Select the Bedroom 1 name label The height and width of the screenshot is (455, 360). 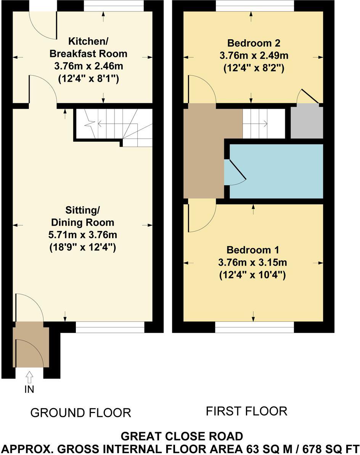point(253,250)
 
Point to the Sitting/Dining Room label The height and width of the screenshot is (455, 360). point(82,216)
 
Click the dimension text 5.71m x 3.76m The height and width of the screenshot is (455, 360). point(82,235)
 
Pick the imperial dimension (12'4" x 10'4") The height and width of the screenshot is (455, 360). point(253,275)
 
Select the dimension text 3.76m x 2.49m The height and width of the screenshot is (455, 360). point(254,55)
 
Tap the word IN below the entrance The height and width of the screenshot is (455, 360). point(29,389)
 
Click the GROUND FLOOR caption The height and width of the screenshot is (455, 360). point(80,413)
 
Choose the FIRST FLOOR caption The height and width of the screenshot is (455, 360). point(246,411)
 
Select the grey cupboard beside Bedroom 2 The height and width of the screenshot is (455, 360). point(307,122)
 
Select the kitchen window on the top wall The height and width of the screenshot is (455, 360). point(114,6)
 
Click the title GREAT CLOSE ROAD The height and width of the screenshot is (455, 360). point(182,436)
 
